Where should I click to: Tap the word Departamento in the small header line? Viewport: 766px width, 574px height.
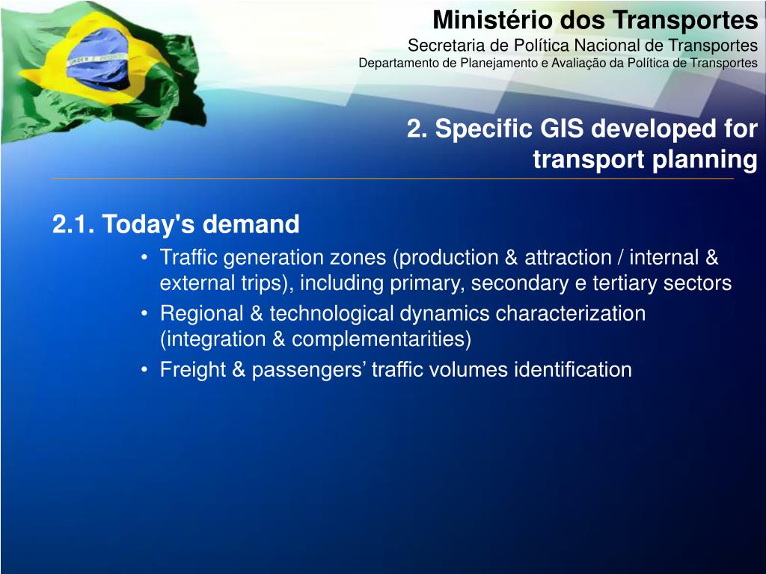[x=399, y=63]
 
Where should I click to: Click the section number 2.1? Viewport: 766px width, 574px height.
[x=73, y=224]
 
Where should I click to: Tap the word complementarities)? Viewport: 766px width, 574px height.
[x=382, y=340]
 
